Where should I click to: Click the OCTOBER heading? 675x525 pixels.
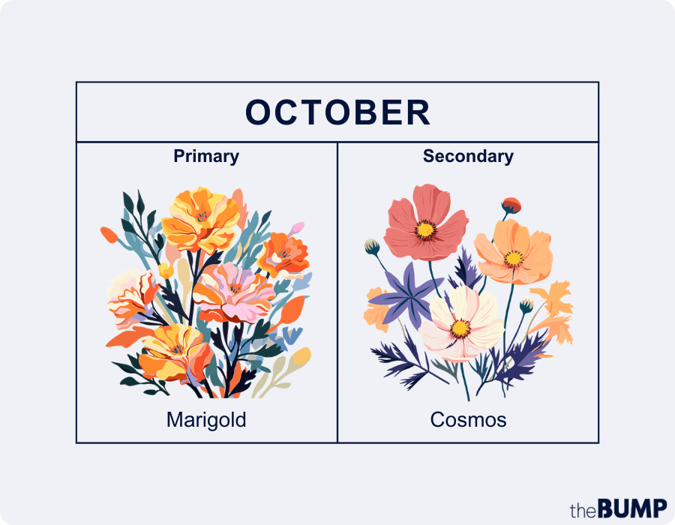point(337,112)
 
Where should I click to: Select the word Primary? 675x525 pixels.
point(206,156)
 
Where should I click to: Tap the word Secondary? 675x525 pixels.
point(468,156)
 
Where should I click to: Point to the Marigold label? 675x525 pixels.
point(206,420)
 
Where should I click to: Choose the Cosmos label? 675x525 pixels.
point(468,420)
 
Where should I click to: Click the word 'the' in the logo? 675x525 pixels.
point(583,511)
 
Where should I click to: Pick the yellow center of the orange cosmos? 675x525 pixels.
point(514,258)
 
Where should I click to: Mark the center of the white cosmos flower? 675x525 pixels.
point(460,327)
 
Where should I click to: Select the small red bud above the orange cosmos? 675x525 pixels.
point(511,205)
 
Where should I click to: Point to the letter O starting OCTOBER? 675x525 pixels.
point(258,112)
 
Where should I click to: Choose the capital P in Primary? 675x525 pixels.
point(178,156)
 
